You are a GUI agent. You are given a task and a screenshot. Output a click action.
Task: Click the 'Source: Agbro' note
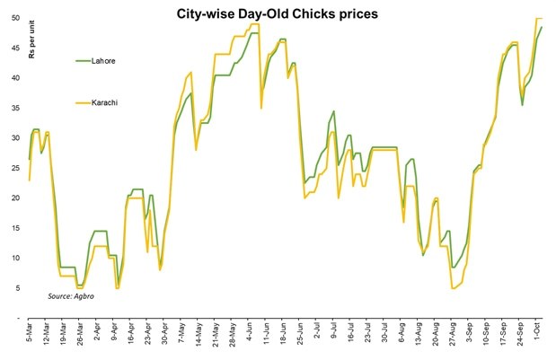point(75,295)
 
